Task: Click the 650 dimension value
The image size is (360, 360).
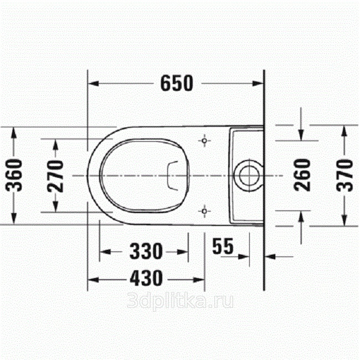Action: pyautogui.click(x=177, y=83)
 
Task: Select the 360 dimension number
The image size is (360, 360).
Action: pyautogui.click(x=14, y=175)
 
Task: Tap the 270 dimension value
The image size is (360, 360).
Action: pyautogui.click(x=55, y=176)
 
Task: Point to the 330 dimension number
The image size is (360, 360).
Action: pyautogui.click(x=146, y=251)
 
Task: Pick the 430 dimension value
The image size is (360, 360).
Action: pyautogui.click(x=146, y=278)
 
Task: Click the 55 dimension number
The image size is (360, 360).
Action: pyautogui.click(x=223, y=246)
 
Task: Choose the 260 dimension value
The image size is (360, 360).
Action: pyautogui.click(x=302, y=175)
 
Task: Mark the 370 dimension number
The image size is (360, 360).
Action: pyautogui.click(x=344, y=176)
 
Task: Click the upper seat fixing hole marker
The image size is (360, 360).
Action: pyautogui.click(x=204, y=141)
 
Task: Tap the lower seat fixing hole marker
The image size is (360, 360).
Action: pyautogui.click(x=204, y=211)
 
